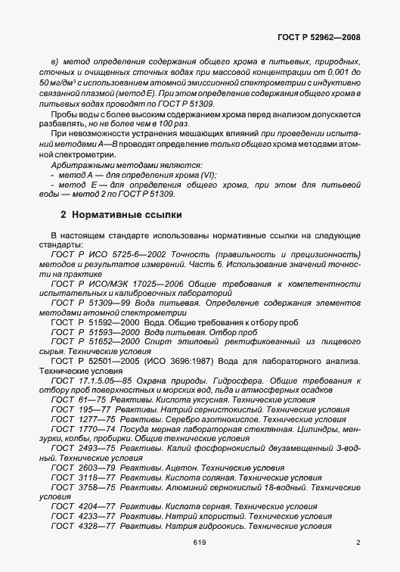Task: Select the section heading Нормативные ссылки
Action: click(x=113, y=215)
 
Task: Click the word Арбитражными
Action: click(x=82, y=164)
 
